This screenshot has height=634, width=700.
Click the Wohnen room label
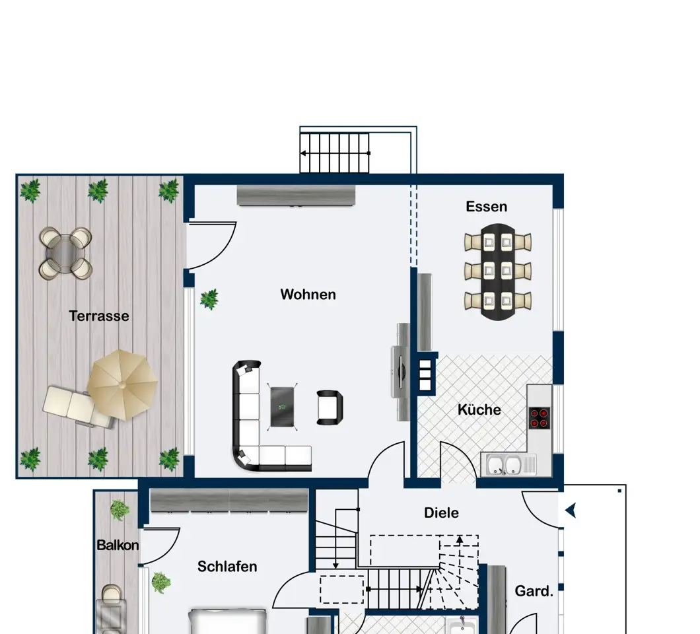pyautogui.click(x=308, y=295)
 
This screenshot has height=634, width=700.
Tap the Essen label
pyautogui.click(x=486, y=207)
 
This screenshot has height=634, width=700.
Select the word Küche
pyautogui.click(x=479, y=409)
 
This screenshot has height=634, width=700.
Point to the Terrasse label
pyautogui.click(x=99, y=316)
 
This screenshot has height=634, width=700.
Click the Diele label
pyautogui.click(x=441, y=512)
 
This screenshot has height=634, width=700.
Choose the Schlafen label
pyautogui.click(x=227, y=567)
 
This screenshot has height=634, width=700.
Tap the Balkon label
pyautogui.click(x=118, y=545)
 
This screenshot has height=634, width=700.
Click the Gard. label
pyautogui.click(x=534, y=591)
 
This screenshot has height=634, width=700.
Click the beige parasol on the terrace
pyautogui.click(x=122, y=385)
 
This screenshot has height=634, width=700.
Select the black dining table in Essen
pyautogui.click(x=498, y=272)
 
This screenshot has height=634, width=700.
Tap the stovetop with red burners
pyautogui.click(x=539, y=418)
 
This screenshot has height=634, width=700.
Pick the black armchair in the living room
pyautogui.click(x=330, y=407)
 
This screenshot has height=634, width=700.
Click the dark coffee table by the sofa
pyautogui.click(x=282, y=407)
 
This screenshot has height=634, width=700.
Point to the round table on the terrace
pyautogui.click(x=65, y=253)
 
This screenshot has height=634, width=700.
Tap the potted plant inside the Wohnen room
pyautogui.click(x=209, y=299)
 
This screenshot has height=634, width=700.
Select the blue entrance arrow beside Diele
pyautogui.click(x=571, y=511)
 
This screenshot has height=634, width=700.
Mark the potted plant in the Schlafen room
pyautogui.click(x=160, y=582)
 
